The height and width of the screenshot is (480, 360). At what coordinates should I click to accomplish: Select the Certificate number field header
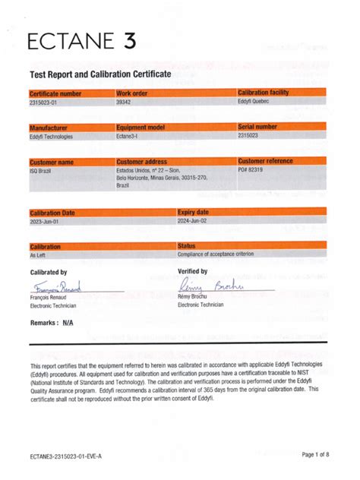[55, 93]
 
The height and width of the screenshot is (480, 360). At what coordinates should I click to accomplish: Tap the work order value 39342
[124, 101]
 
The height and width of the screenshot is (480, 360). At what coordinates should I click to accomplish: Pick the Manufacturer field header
[49, 128]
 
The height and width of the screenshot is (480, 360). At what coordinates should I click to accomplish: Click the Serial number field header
[258, 127]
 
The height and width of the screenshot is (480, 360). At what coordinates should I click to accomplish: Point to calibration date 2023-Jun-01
[47, 222]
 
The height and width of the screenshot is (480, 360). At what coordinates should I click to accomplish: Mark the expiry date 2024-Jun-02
[194, 222]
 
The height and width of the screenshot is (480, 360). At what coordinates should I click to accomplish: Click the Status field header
[187, 247]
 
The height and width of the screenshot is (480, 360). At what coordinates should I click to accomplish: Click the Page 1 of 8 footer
[315, 454]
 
